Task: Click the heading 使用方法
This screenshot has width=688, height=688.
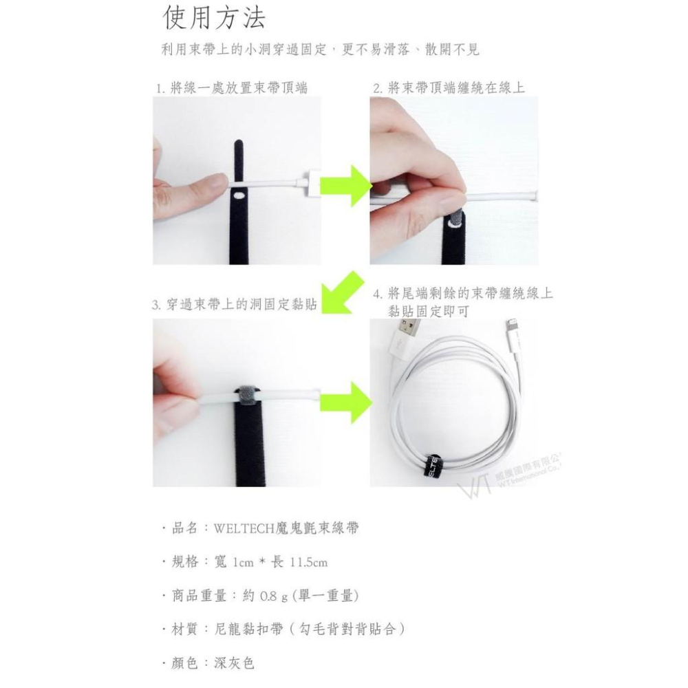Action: pos(214,19)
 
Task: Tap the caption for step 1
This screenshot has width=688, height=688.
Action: pos(231,88)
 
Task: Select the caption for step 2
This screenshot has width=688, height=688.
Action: pos(449,88)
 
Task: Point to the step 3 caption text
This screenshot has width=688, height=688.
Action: pos(234,304)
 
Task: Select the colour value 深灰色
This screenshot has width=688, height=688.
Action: pos(234,663)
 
